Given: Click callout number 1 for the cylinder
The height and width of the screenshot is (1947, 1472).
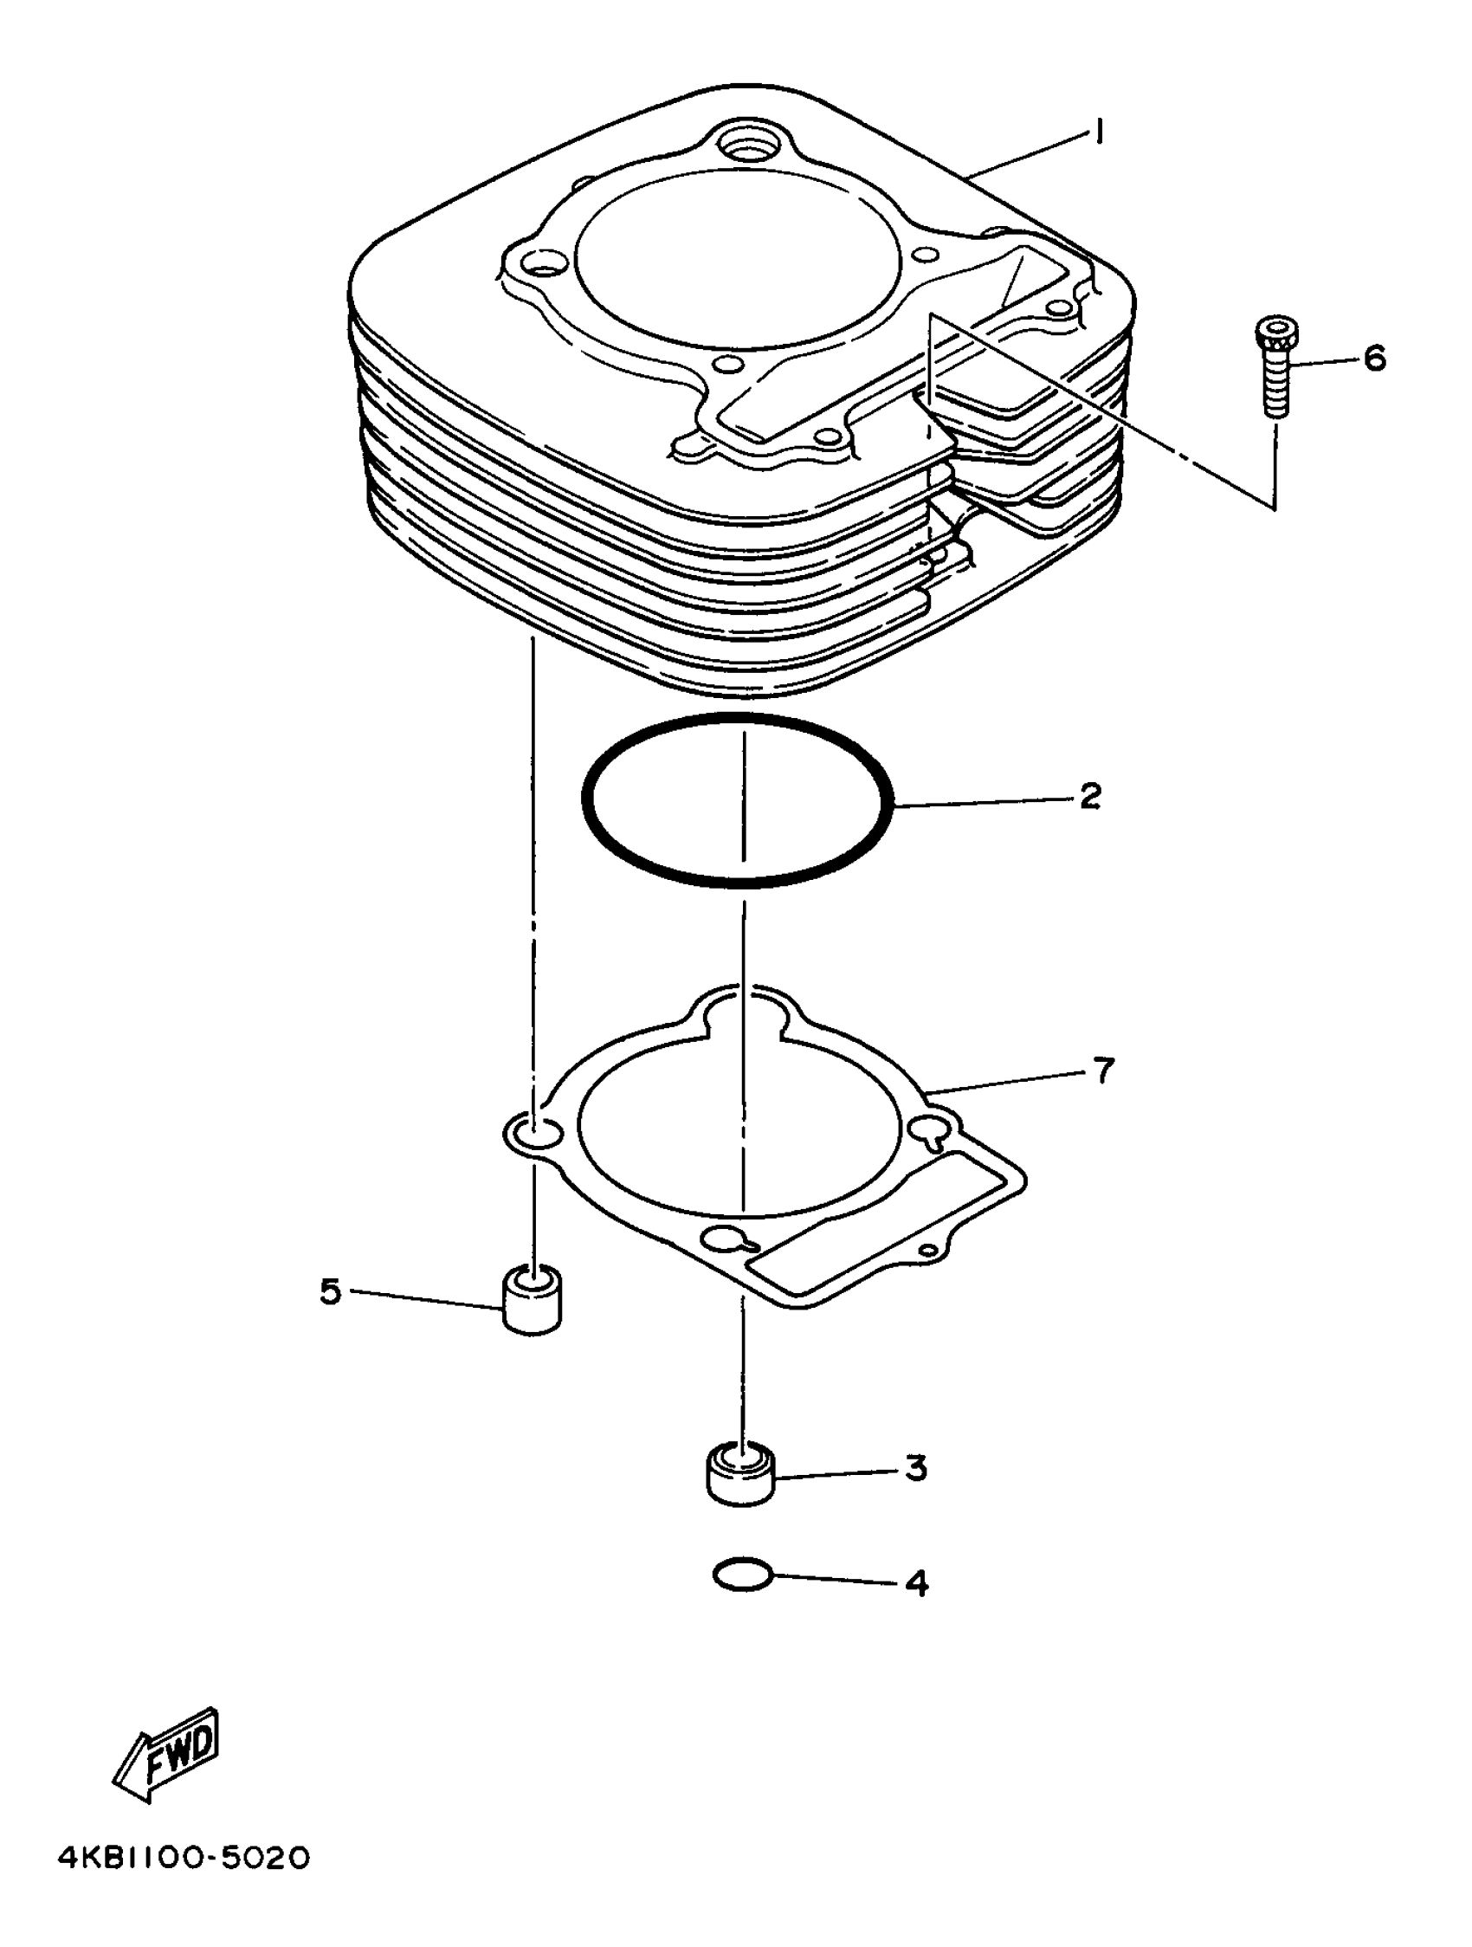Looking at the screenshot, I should tap(1098, 133).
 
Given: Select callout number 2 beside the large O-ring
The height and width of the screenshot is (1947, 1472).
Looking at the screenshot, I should tap(1089, 797).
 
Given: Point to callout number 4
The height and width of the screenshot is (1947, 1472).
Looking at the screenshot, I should tap(916, 1583).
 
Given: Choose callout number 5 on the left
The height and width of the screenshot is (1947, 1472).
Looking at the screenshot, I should tap(330, 1292).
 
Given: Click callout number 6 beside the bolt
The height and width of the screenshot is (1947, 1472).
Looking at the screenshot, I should tap(1374, 359).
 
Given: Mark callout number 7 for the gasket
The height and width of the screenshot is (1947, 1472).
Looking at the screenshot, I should tap(1103, 1071).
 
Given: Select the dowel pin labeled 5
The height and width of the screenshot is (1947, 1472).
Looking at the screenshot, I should tap(533, 1300).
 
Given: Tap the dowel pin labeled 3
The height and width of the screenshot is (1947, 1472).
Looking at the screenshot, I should tap(741, 1475).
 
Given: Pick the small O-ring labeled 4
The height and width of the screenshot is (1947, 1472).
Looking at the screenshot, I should tap(743, 1576).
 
